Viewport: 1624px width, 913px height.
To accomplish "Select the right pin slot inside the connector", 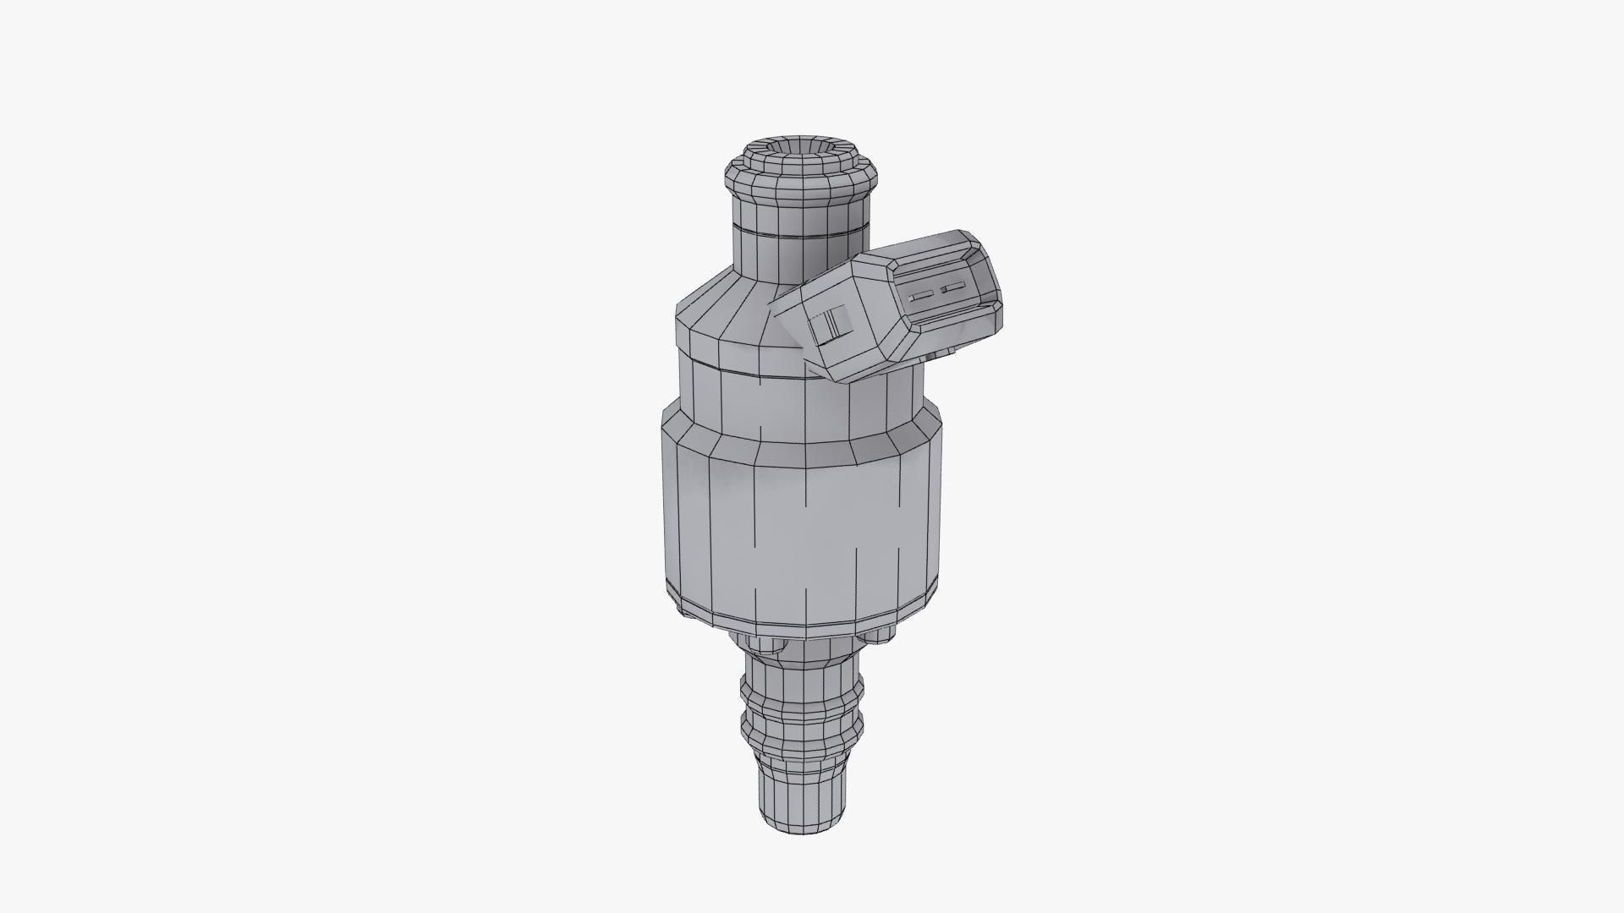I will point(952,288).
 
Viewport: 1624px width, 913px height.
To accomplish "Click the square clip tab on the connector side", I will point(825,325).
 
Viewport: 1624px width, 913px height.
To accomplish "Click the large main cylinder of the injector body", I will point(799,524).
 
